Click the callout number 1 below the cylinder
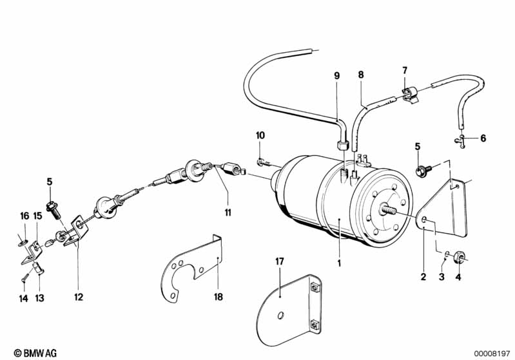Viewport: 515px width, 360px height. pyautogui.click(x=339, y=263)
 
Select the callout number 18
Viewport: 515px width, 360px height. pyautogui.click(x=219, y=297)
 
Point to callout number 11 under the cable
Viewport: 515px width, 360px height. pyautogui.click(x=228, y=213)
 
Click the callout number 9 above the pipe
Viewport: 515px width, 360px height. pyautogui.click(x=336, y=76)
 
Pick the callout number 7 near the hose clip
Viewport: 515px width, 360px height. pyautogui.click(x=405, y=70)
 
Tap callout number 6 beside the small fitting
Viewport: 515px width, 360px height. pyautogui.click(x=483, y=138)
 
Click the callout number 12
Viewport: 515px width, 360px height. pyautogui.click(x=79, y=297)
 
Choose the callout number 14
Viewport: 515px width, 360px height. pyautogui.click(x=23, y=298)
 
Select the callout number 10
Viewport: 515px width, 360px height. pyautogui.click(x=260, y=135)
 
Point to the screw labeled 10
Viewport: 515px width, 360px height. pyautogui.click(x=263, y=162)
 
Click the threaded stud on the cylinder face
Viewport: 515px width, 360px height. pyautogui.click(x=387, y=209)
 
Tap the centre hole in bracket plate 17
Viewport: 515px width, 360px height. pyautogui.click(x=281, y=316)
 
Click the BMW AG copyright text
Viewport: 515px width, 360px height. pyautogui.click(x=35, y=353)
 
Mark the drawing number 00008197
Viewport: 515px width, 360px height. pyautogui.click(x=492, y=354)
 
